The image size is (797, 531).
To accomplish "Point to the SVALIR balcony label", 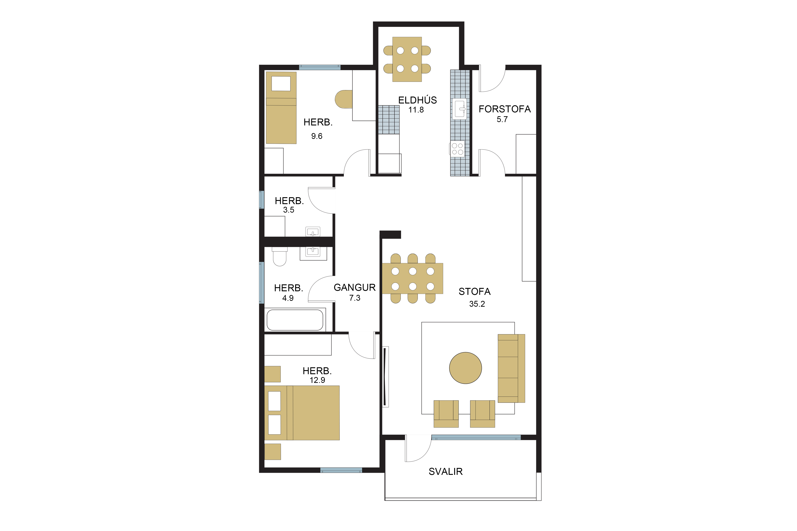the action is pos(445,471).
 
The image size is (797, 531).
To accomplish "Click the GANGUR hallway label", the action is pos(355,288).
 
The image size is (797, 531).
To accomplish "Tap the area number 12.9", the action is pos(317,380).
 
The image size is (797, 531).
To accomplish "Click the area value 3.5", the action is pos(289,210).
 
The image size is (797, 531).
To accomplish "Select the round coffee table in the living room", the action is pos(465,368).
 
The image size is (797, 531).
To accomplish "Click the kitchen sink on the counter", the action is pos(460,109).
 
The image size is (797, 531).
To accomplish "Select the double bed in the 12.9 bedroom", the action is pos(302,413).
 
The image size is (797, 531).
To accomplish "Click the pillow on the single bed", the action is pos(281,84).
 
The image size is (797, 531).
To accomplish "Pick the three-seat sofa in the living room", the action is pos(511,369).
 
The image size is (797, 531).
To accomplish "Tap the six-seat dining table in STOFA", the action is pos(413,278).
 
